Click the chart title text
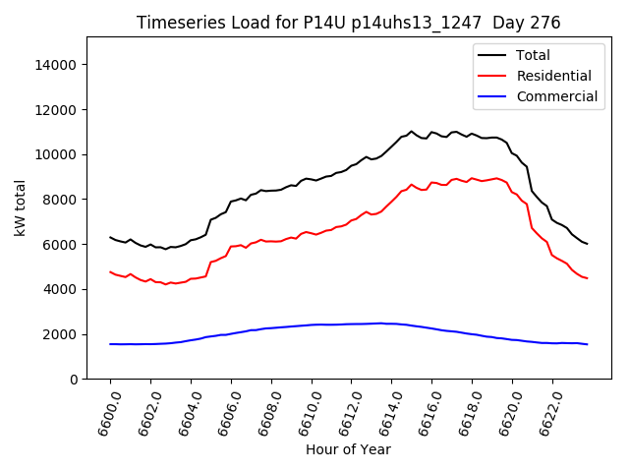(x=348, y=23)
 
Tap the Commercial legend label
(x=556, y=96)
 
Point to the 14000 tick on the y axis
(x=57, y=65)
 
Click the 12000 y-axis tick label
(x=57, y=110)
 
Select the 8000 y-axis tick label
(x=61, y=200)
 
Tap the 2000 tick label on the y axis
(x=61, y=334)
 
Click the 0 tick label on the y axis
(x=74, y=380)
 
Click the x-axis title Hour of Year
(x=348, y=450)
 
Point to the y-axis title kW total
(x=20, y=207)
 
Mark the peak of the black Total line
(x=412, y=131)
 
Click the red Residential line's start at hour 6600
(x=111, y=271)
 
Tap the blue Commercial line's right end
(x=587, y=344)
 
